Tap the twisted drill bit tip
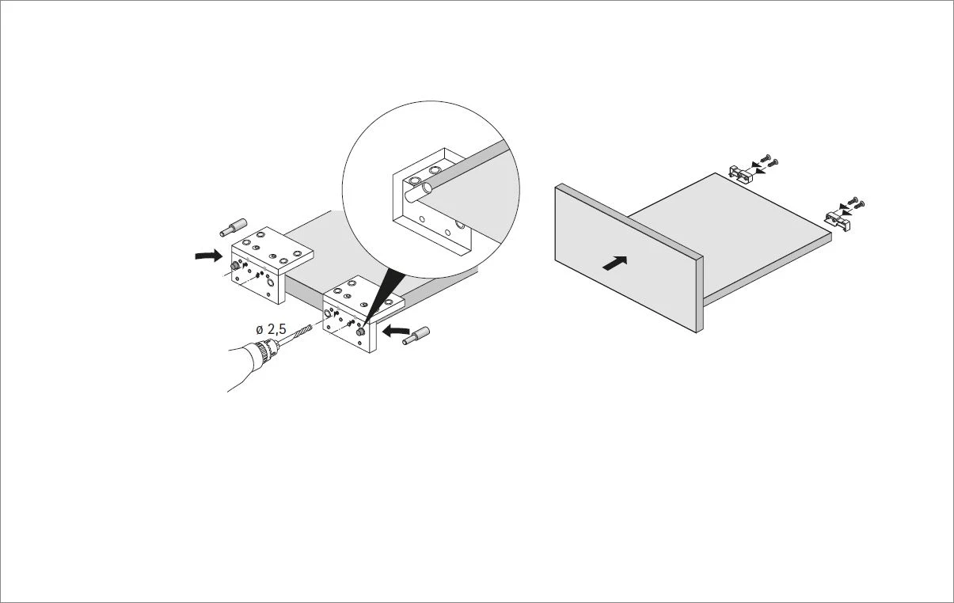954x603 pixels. [x=304, y=332]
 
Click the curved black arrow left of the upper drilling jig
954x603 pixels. [x=209, y=256]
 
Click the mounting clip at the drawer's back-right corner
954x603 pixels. [x=838, y=218]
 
